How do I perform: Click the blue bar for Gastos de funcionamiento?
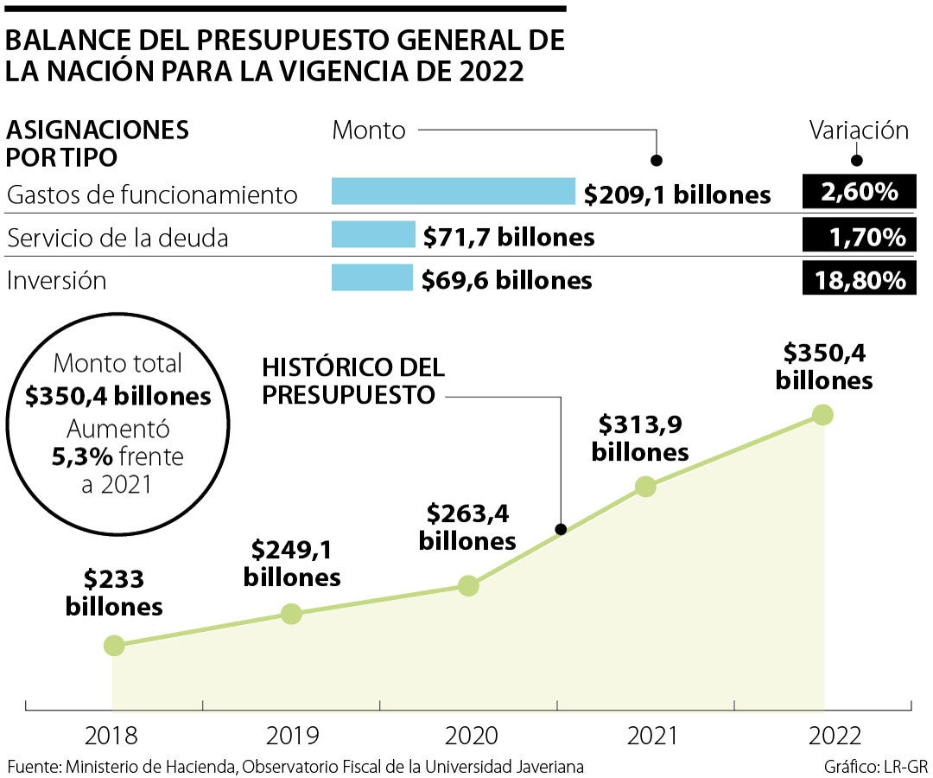tap(453, 191)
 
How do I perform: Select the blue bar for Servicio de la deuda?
tap(373, 234)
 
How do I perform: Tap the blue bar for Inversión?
tap(372, 277)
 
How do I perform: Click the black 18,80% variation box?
tap(859, 279)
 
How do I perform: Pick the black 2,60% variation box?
tap(859, 191)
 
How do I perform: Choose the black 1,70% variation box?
tap(859, 235)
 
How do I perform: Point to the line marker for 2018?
tap(113, 645)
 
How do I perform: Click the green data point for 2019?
tap(291, 614)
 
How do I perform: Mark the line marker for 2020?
tap(468, 585)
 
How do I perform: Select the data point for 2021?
tap(645, 486)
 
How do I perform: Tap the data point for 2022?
tap(822, 414)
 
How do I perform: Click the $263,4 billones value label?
tap(467, 527)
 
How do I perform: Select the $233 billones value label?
tap(114, 592)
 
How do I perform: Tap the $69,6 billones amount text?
tap(507, 279)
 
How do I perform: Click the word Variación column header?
tap(859, 131)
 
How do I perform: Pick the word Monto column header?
tap(369, 131)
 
